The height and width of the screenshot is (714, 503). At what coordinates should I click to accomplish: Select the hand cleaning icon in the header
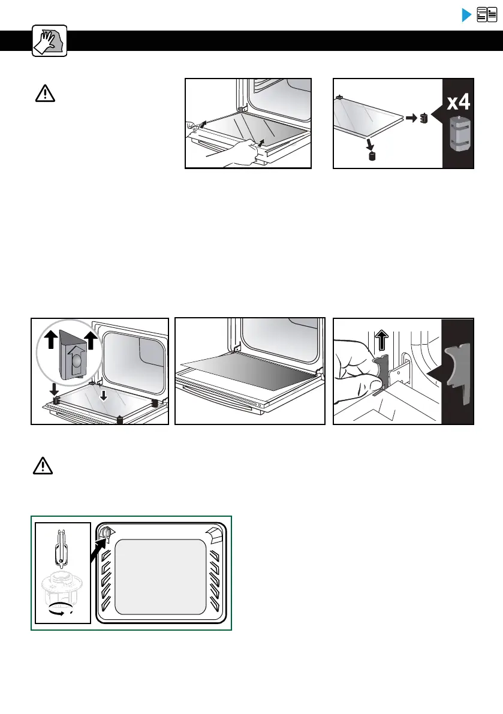(x=49, y=41)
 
